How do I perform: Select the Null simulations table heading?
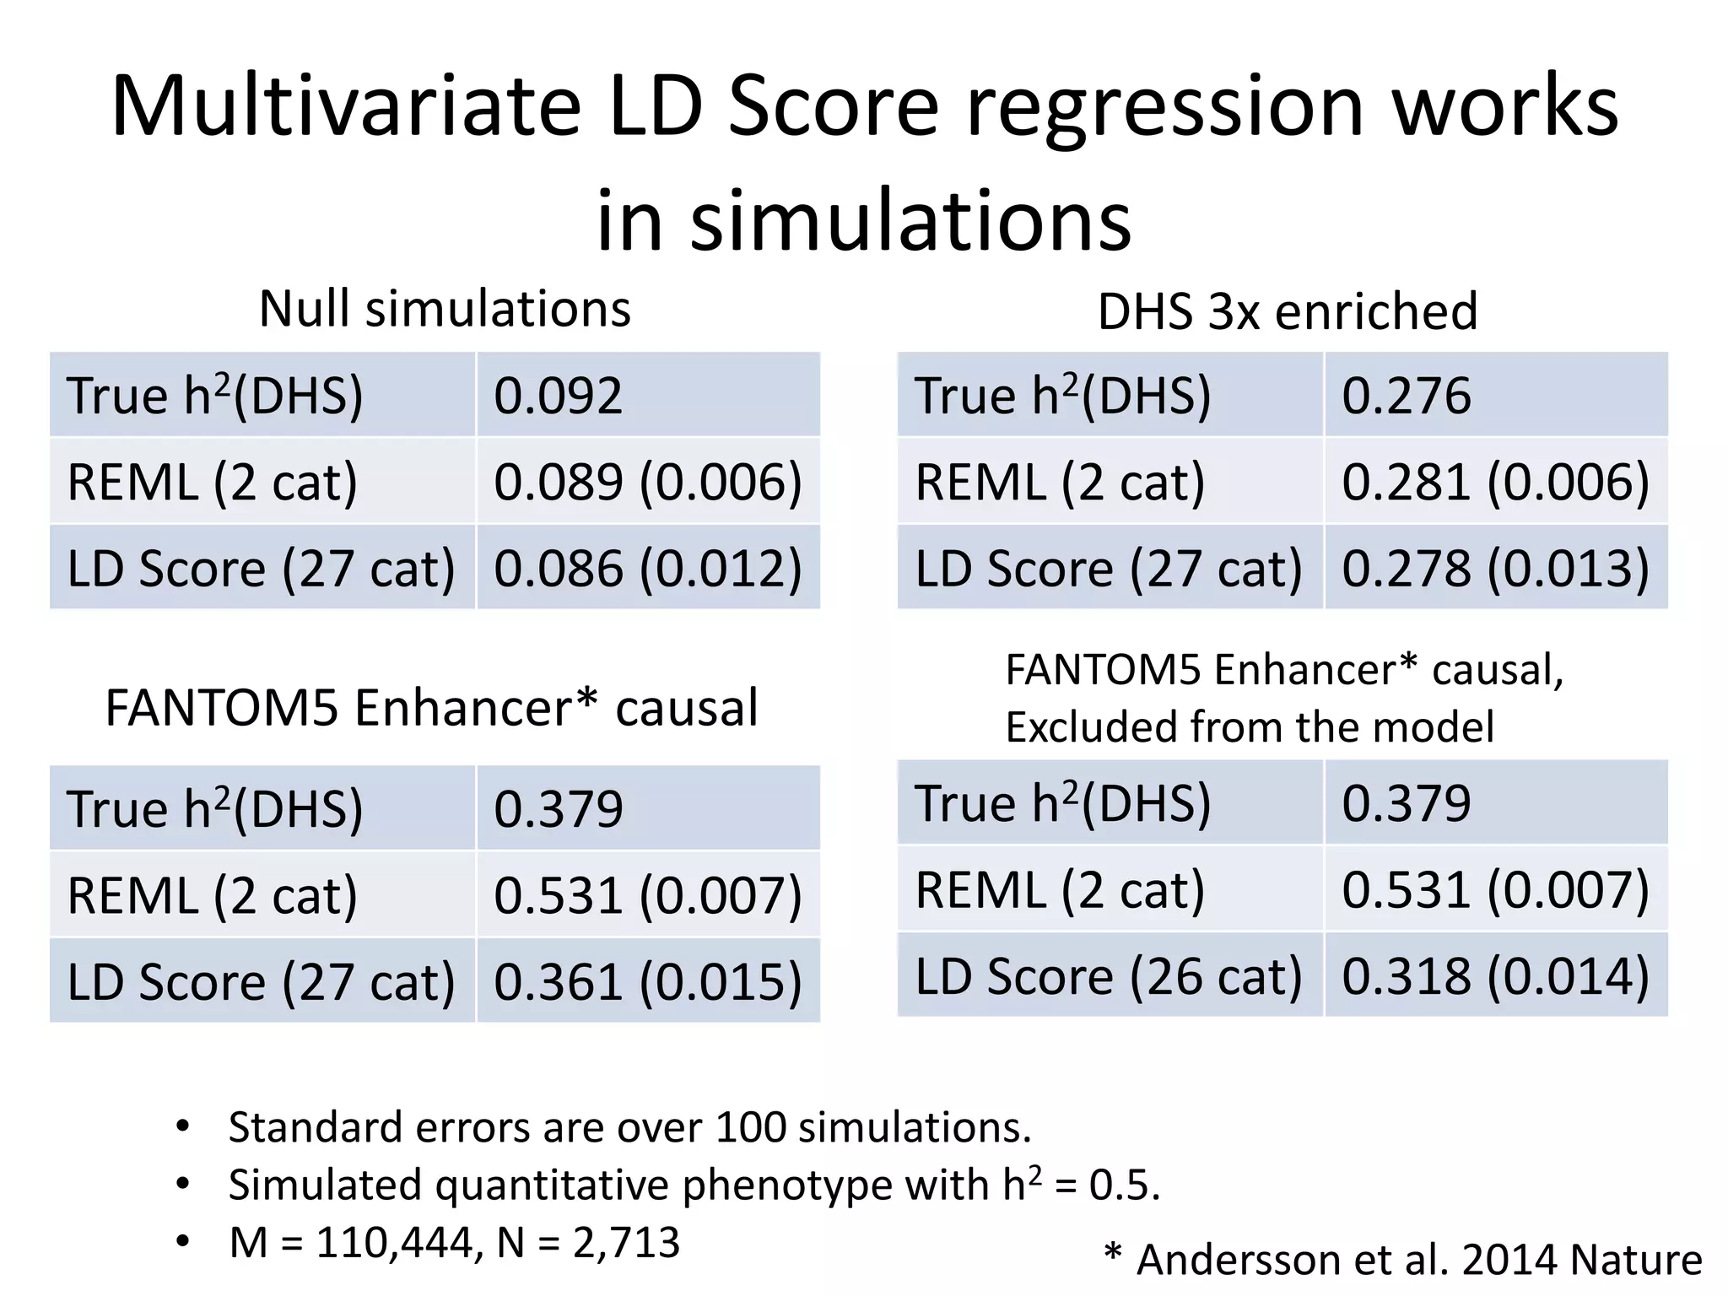point(445,309)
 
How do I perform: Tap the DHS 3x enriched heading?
point(1288,311)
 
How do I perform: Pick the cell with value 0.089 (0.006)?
point(647,482)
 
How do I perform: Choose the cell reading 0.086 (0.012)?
point(647,568)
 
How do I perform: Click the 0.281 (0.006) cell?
point(1495,482)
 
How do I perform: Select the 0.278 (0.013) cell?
point(1495,568)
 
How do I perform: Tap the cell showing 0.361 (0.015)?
point(647,981)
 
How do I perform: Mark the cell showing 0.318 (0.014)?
point(1495,975)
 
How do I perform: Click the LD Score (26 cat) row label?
point(1109,976)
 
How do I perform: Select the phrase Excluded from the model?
point(1250,726)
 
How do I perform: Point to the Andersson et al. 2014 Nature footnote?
point(1417,1260)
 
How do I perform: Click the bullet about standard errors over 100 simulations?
point(629,1127)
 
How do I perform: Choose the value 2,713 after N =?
point(626,1243)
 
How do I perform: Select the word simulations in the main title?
point(910,221)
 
